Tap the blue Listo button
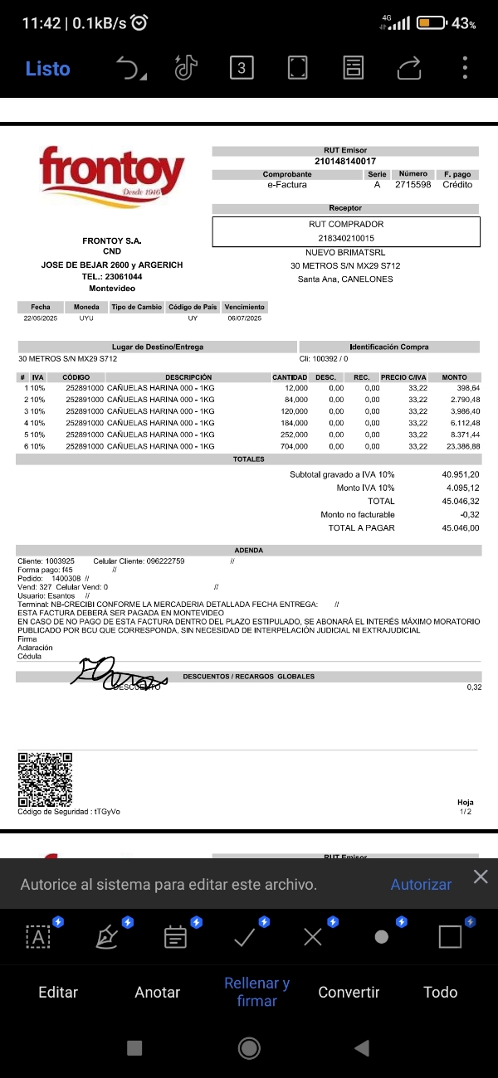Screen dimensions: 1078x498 (x=47, y=69)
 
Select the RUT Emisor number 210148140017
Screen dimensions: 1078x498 (x=345, y=161)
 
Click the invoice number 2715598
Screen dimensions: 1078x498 (x=413, y=185)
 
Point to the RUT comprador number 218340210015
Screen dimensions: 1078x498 (x=345, y=238)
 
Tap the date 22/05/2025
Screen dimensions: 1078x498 (x=40, y=318)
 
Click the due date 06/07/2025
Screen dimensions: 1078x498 (x=244, y=318)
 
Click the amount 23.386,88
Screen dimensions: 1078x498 (x=463, y=446)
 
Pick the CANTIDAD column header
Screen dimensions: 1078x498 (x=290, y=377)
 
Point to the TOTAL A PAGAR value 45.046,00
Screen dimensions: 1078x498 (x=461, y=528)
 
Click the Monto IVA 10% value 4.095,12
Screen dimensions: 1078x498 (x=461, y=488)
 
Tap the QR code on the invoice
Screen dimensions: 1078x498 (x=45, y=779)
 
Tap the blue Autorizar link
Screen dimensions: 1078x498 (x=421, y=885)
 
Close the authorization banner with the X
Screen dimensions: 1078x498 (x=481, y=877)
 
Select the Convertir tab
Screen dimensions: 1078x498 (x=349, y=993)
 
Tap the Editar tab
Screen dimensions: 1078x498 (x=58, y=993)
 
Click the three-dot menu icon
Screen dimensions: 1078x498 (x=466, y=68)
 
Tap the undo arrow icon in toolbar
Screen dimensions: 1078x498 (x=129, y=69)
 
